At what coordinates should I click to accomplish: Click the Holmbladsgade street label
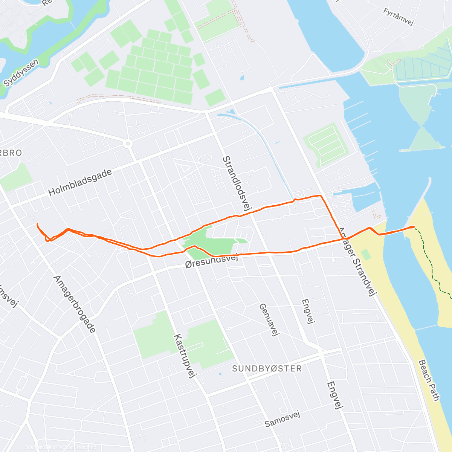pos(80,183)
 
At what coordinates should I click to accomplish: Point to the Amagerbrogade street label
pos(75,304)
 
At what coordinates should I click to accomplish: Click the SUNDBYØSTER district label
pos(267,368)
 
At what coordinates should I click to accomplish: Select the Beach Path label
pos(429,380)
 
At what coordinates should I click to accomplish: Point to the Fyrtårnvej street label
pos(398,17)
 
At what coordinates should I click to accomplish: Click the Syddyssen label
pos(21,73)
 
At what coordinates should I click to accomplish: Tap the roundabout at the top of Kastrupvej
pos(128,144)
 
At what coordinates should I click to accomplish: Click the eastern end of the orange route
pos(414,227)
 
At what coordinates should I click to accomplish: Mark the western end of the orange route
pos(37,224)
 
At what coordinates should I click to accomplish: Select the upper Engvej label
pos(308,311)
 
